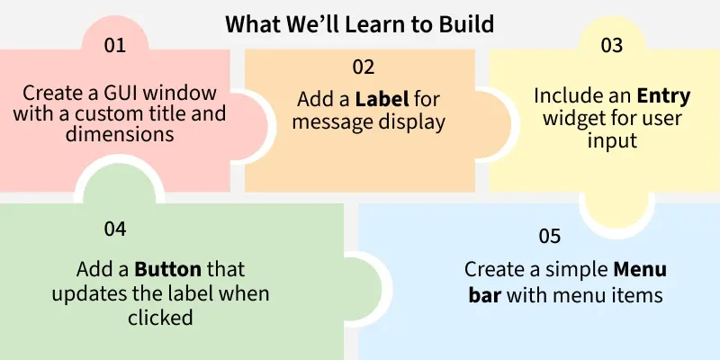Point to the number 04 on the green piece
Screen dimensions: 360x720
(x=114, y=229)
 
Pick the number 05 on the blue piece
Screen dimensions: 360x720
(x=550, y=237)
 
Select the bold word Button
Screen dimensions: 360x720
(x=171, y=269)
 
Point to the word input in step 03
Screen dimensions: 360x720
(x=612, y=141)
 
